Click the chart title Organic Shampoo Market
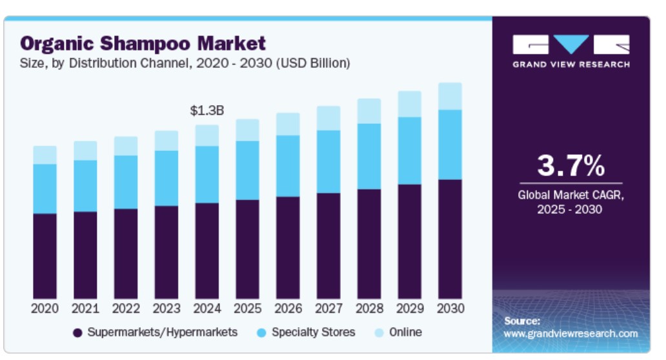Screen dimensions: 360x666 tap(143, 43)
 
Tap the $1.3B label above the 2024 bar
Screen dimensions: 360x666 tap(207, 110)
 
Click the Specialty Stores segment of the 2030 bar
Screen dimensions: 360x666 tap(450, 145)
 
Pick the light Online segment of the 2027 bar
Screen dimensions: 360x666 tap(328, 118)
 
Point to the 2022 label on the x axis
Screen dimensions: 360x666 tap(126, 308)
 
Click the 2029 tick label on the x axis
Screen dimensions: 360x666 tap(409, 308)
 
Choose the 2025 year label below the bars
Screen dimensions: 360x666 tap(247, 308)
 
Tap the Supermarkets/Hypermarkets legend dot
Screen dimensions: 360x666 tap(77, 333)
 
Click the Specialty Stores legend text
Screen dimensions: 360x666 tap(313, 332)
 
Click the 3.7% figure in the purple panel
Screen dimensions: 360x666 tap(571, 166)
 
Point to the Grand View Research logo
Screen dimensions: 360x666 tap(571, 51)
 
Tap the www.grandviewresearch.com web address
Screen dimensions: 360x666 tap(570, 334)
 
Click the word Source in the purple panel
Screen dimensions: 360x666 tap(521, 321)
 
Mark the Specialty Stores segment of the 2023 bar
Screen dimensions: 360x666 tap(166, 178)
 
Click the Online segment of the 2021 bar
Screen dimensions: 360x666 tap(85, 150)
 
